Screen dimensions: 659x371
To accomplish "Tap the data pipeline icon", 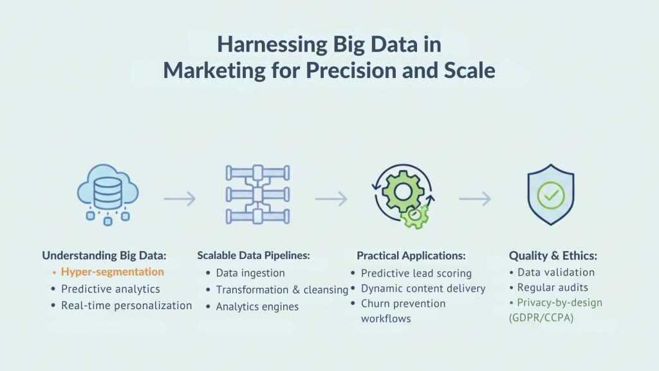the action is point(257,195).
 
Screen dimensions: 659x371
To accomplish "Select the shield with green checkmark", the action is point(551,195).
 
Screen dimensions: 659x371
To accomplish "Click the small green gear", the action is point(415,215).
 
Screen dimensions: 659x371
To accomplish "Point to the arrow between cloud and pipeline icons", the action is point(180,198).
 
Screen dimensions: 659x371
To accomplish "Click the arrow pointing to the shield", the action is point(475,198).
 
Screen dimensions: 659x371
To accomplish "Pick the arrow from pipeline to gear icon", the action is point(331,198).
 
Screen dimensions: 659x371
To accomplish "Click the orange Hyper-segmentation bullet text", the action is point(112,272).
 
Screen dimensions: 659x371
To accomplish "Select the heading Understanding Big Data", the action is point(104,255).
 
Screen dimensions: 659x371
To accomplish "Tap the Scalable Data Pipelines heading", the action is point(254,255).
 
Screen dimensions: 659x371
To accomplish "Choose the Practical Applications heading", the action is point(411,255).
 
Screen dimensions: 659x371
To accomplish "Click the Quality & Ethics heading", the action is point(553,255).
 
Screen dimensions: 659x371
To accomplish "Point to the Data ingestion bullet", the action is point(250,273).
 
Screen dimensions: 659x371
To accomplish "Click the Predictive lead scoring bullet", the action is point(416,273).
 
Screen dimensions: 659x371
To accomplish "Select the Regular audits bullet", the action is point(553,287).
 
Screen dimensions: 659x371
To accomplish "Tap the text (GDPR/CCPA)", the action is point(541,318).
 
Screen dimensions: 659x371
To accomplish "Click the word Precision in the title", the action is point(351,70).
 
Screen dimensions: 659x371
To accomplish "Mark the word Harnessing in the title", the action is point(272,44).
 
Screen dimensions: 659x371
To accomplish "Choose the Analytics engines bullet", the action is point(257,307).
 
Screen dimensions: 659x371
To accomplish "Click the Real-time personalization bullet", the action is point(127,305).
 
